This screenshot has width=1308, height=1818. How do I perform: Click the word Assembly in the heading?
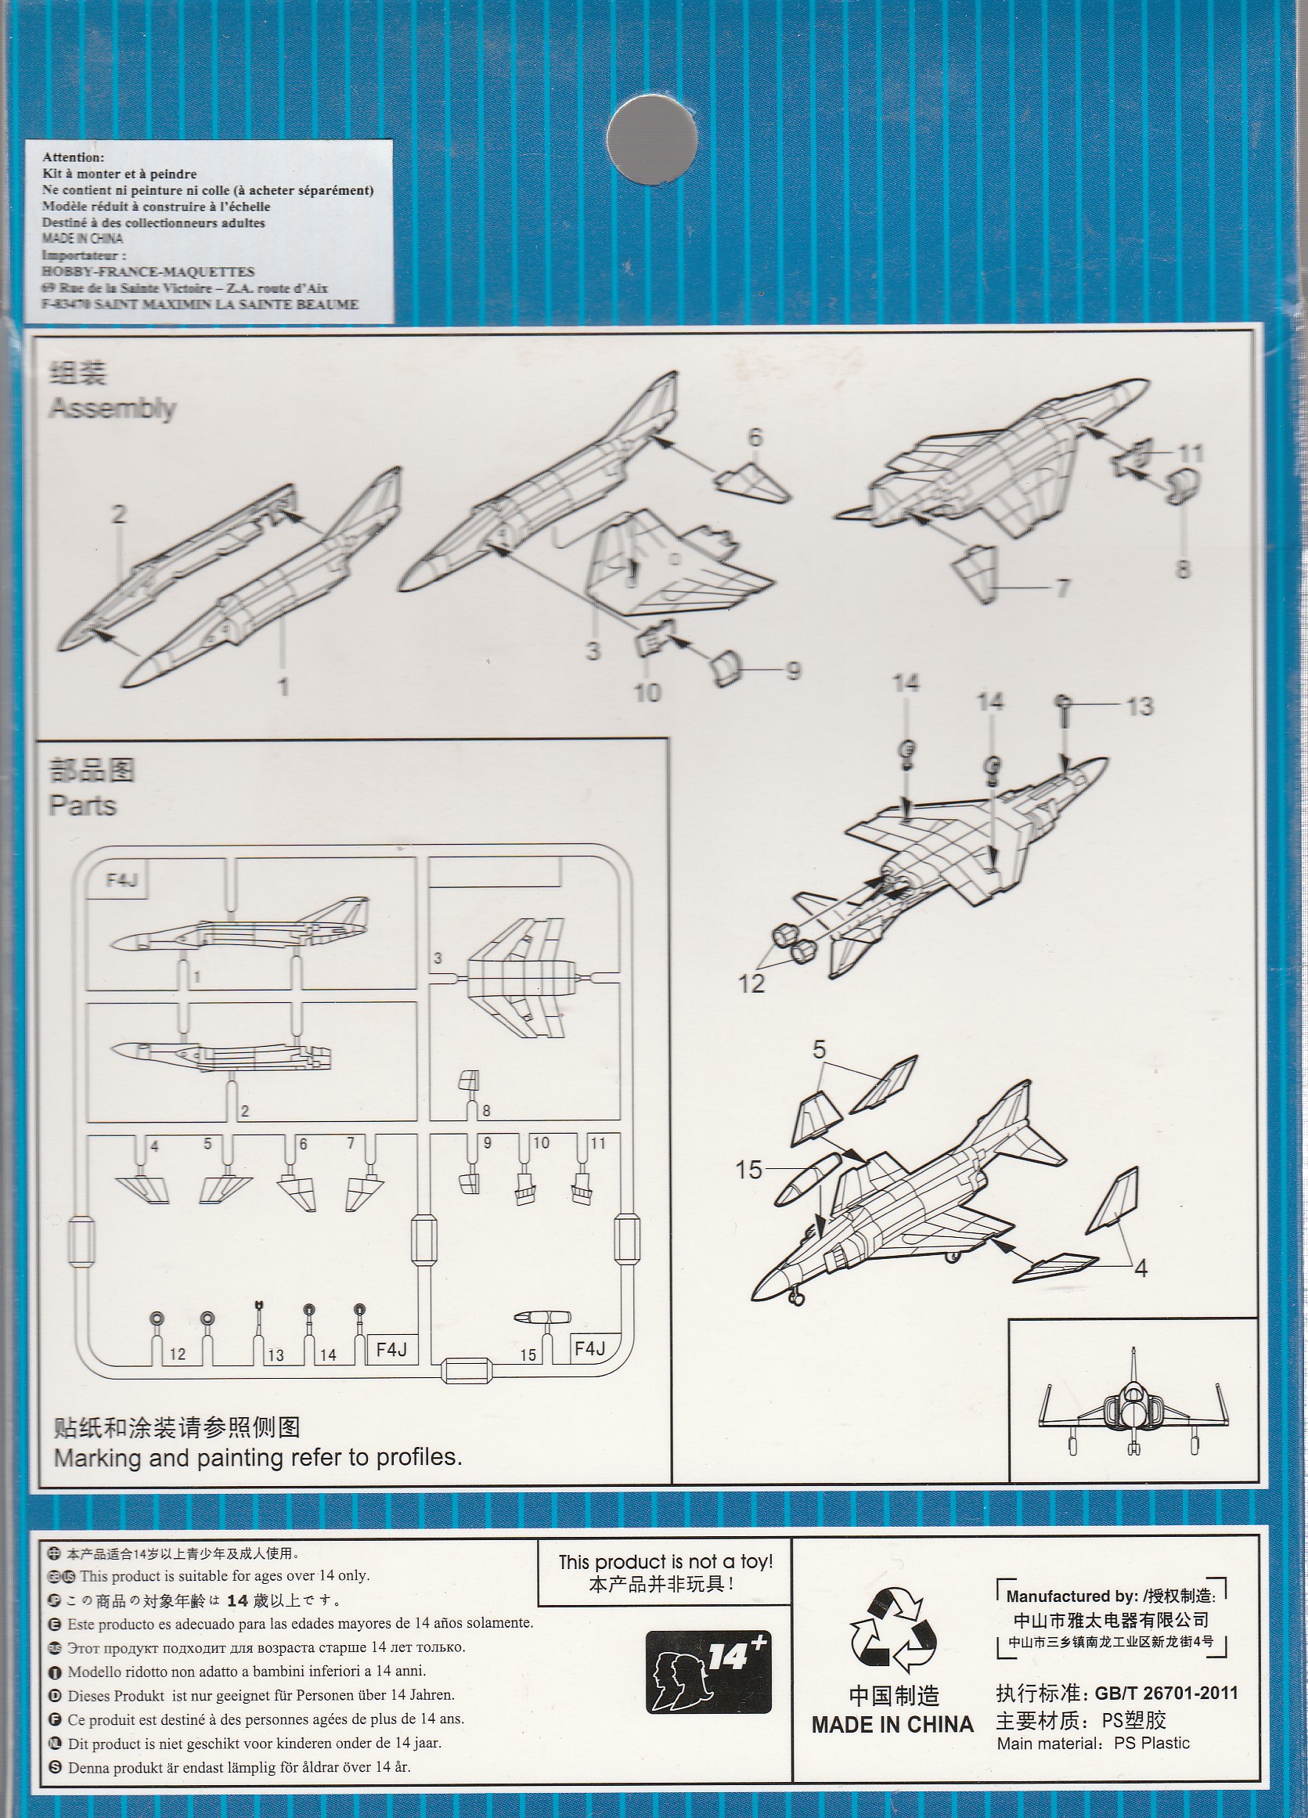pos(112,409)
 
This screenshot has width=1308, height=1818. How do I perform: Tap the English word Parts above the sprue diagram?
pos(82,805)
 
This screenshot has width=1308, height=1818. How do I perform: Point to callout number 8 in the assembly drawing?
pos(1183,569)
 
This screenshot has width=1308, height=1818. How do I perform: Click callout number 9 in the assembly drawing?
pos(793,670)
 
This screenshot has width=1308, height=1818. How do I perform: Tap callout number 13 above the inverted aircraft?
pos(1140,706)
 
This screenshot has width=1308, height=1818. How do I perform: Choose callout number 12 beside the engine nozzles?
pos(751,983)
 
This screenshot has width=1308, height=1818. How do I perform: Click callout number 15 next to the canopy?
pos(748,1171)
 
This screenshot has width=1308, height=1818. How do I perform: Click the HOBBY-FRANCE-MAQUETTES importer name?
pos(148,272)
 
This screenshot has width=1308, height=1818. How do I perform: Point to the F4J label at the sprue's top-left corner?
pos(123,880)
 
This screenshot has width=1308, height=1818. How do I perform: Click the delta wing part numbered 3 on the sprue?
pos(521,979)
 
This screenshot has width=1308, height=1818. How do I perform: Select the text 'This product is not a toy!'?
pos(665,1561)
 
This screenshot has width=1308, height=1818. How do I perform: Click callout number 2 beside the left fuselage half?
pos(119,514)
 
